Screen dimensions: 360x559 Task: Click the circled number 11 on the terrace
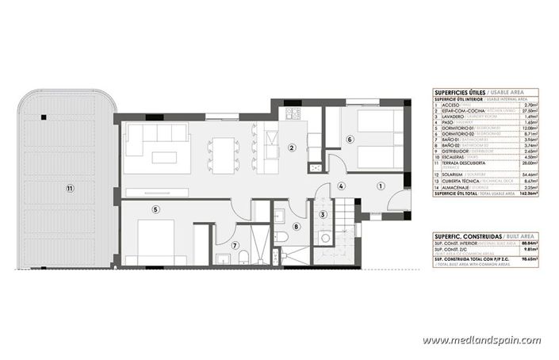(x=70, y=188)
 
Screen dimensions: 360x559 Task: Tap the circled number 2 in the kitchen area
(x=292, y=147)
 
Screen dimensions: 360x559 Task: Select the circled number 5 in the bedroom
(x=155, y=209)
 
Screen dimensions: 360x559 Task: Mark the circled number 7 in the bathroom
(x=234, y=246)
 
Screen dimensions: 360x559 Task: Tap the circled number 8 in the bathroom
(x=296, y=226)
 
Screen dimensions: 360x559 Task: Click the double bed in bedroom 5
(x=162, y=242)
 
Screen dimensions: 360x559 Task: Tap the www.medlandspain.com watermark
(x=481, y=340)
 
